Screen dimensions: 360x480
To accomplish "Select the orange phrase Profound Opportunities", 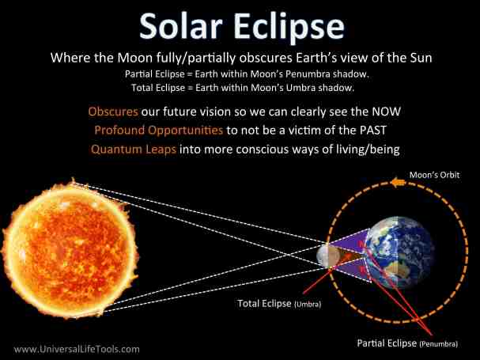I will coord(146,129).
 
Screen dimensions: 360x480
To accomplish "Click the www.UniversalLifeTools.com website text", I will coord(77,348).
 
